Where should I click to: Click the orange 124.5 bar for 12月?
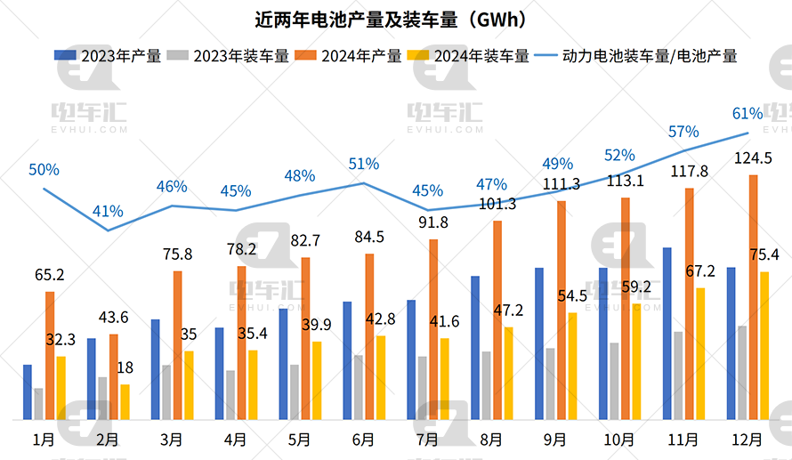[754, 297]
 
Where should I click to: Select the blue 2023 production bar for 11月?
[667, 334]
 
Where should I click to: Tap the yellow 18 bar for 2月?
[125, 401]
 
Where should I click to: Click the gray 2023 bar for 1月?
[38, 404]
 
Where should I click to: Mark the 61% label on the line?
[747, 113]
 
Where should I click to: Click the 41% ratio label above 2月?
[108, 211]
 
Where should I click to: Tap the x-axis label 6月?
[363, 440]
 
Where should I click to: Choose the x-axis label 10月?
[619, 440]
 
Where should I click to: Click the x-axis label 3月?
[171, 440]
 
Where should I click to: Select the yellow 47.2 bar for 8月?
[508, 373]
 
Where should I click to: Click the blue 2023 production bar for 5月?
[283, 364]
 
